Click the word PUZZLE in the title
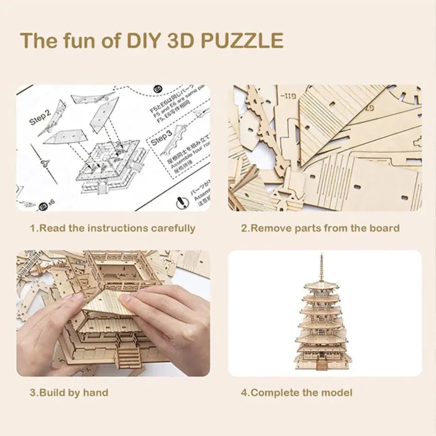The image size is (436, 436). click(x=242, y=41)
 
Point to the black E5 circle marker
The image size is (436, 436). click(x=156, y=89)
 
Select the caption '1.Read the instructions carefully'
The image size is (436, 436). click(x=112, y=228)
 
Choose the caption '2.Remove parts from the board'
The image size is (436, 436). click(x=320, y=228)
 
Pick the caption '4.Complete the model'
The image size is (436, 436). click(x=296, y=392)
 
